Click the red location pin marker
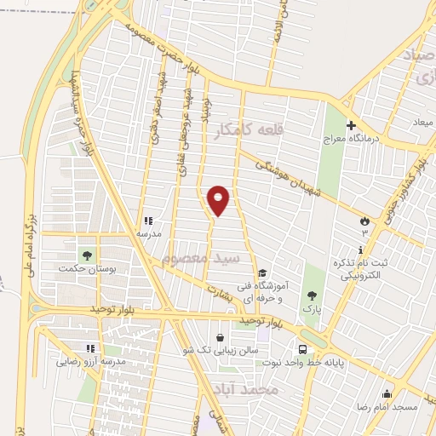(219, 200)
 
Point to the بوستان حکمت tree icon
(85, 254)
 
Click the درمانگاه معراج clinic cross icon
(351, 125)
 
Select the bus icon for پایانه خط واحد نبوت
(303, 349)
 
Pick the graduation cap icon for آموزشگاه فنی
(263, 273)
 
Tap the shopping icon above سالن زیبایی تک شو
(221, 338)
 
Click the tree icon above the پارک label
(313, 295)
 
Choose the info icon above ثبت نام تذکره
(360, 250)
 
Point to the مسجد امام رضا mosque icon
(387, 394)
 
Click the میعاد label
(423, 124)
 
